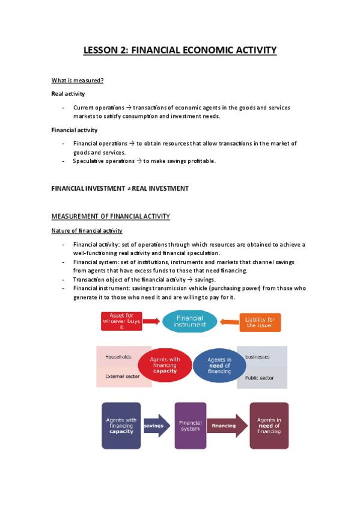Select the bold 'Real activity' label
pos(68,94)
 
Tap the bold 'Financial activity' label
pos(75,130)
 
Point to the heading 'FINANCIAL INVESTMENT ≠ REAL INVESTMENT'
pos(120,188)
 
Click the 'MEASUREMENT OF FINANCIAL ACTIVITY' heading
pos(111,217)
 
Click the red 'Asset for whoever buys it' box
pos(125,322)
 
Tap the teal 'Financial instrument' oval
pos(190,322)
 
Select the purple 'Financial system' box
pos(190,426)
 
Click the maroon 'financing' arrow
pos(225,426)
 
